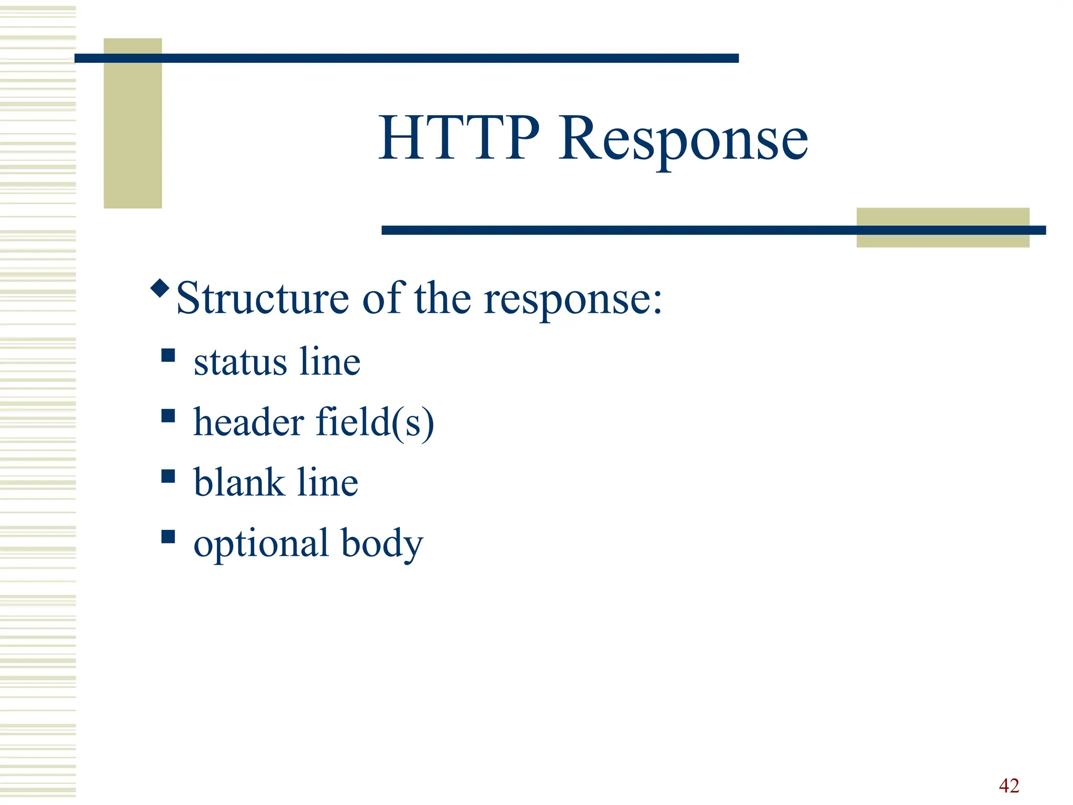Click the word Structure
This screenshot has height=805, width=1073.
tap(262, 298)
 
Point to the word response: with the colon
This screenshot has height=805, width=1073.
tap(573, 299)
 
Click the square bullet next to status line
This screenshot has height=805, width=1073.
tap(168, 356)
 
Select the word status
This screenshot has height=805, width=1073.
tap(240, 362)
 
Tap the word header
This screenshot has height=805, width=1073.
tap(248, 422)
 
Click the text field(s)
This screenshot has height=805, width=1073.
tap(375, 422)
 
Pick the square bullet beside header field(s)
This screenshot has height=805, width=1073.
tap(168, 416)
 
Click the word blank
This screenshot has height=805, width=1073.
tap(238, 482)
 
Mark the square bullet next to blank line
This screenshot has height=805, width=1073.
tap(168, 476)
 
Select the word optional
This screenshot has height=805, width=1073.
tap(261, 544)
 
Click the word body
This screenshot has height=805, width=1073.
tap(382, 544)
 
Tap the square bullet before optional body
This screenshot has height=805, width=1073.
tap(168, 537)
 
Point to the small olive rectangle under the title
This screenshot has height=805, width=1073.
tap(943, 227)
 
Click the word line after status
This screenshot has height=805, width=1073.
tap(330, 362)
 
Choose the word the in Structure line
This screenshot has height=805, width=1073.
tap(443, 298)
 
